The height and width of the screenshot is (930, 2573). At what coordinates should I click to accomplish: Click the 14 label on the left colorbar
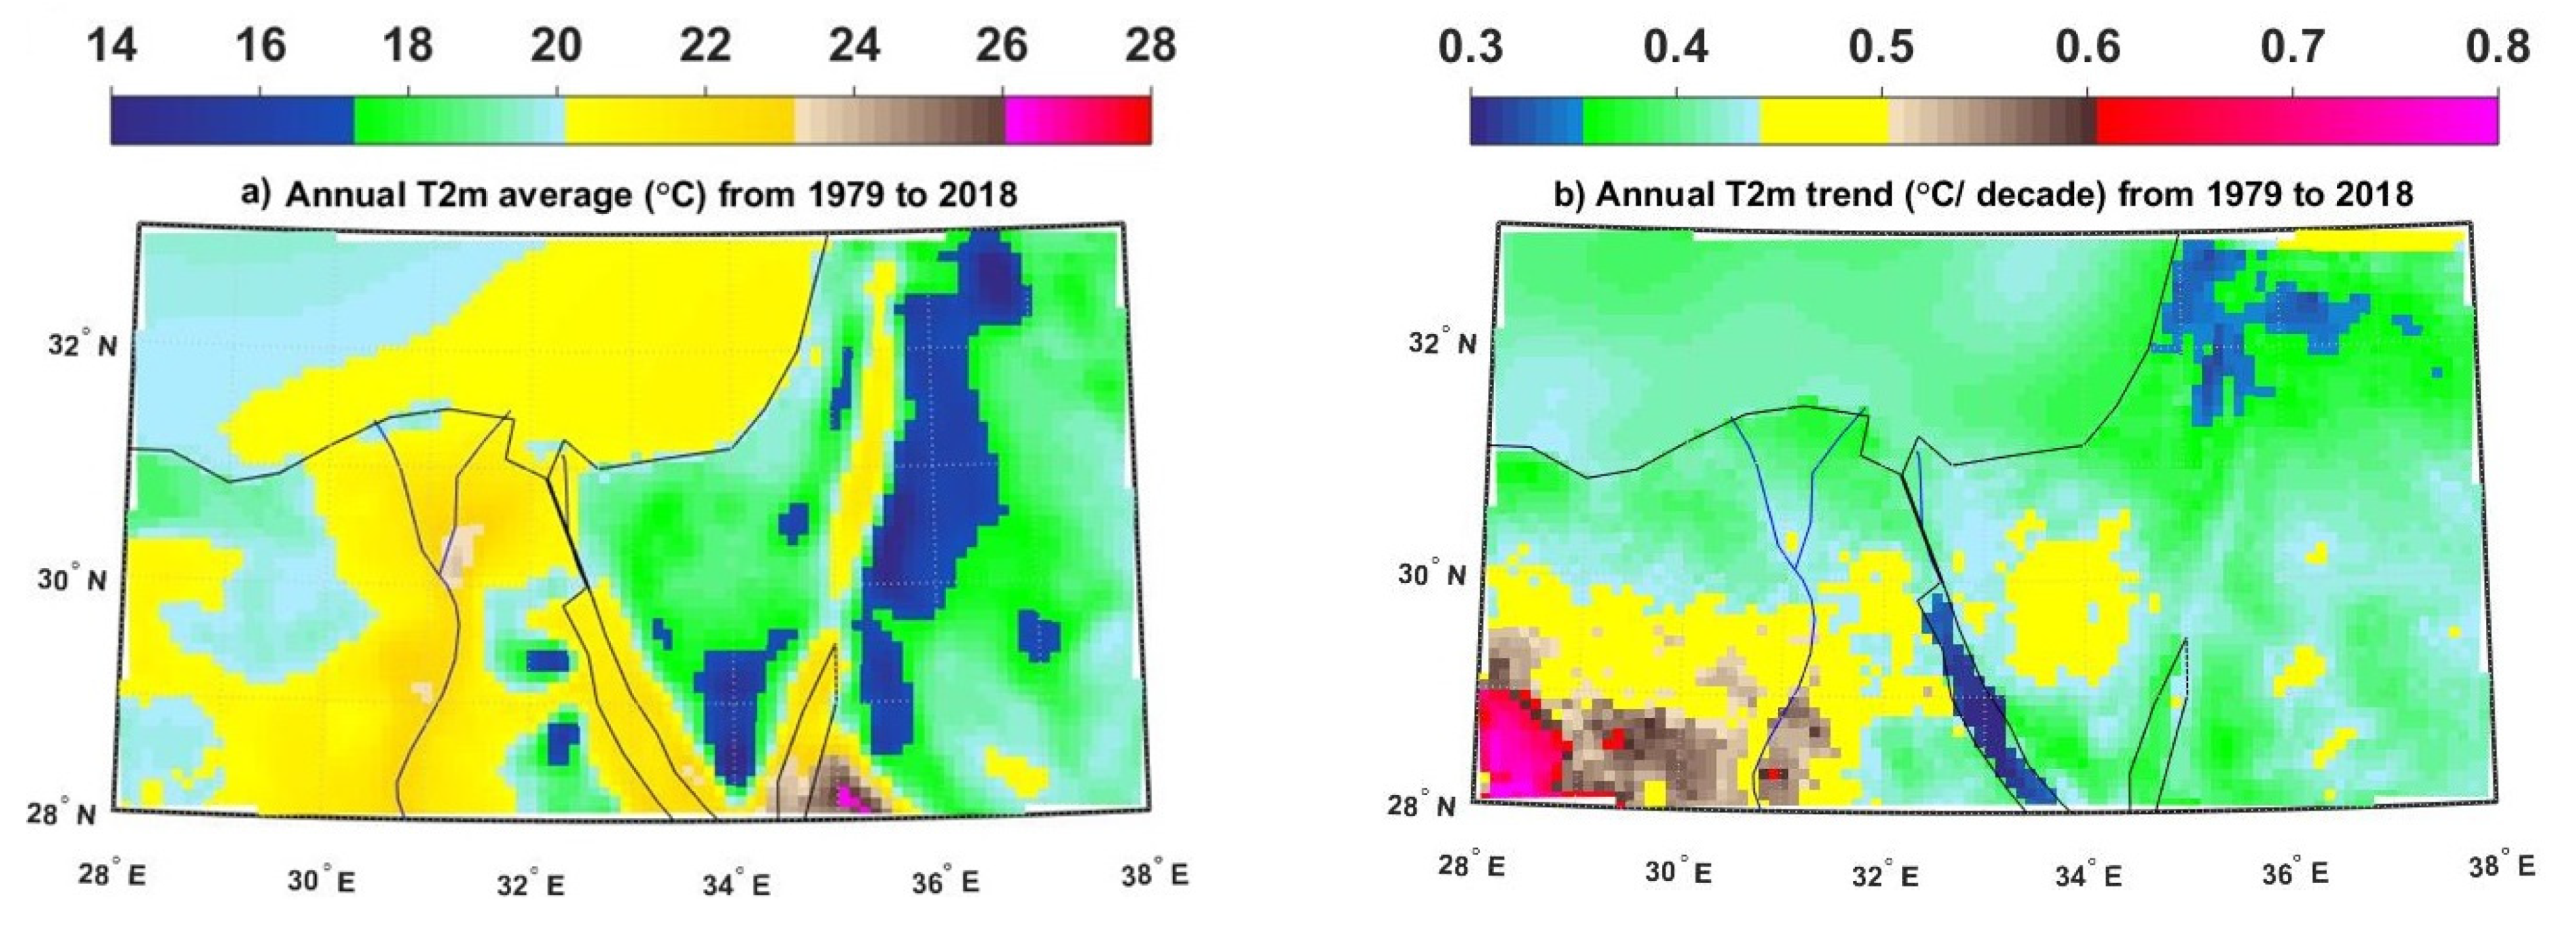(x=112, y=45)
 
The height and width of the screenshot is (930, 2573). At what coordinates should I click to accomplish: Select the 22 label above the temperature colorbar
(x=705, y=45)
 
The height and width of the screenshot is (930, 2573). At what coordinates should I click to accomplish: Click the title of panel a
(x=629, y=193)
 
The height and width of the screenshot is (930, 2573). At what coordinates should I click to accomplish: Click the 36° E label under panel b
(x=2295, y=873)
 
